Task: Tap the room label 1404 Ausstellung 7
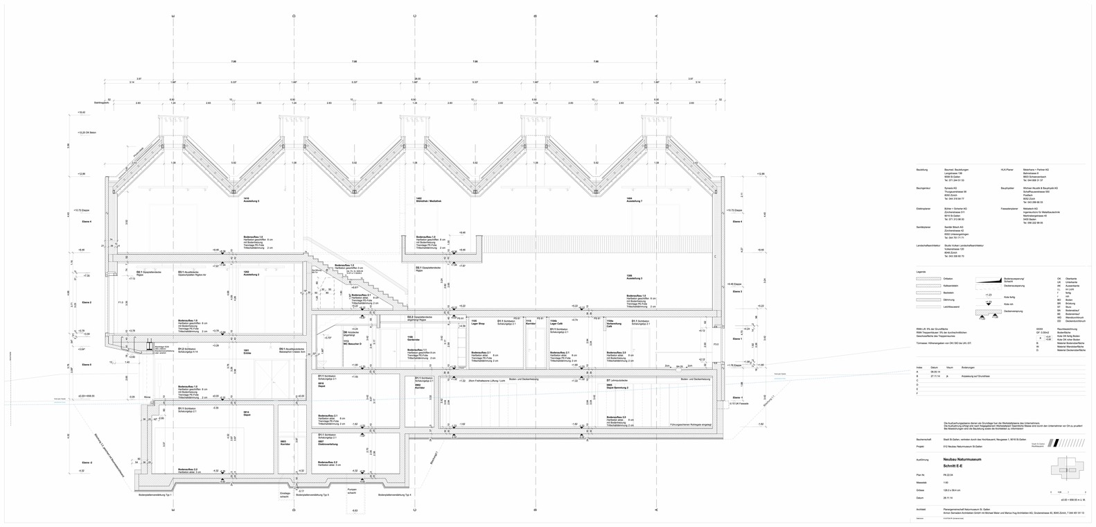pos(633,200)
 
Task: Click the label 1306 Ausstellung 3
pos(633,277)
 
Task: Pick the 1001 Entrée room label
pos(246,352)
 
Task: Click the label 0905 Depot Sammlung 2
pos(617,387)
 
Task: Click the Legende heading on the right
pos(921,273)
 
